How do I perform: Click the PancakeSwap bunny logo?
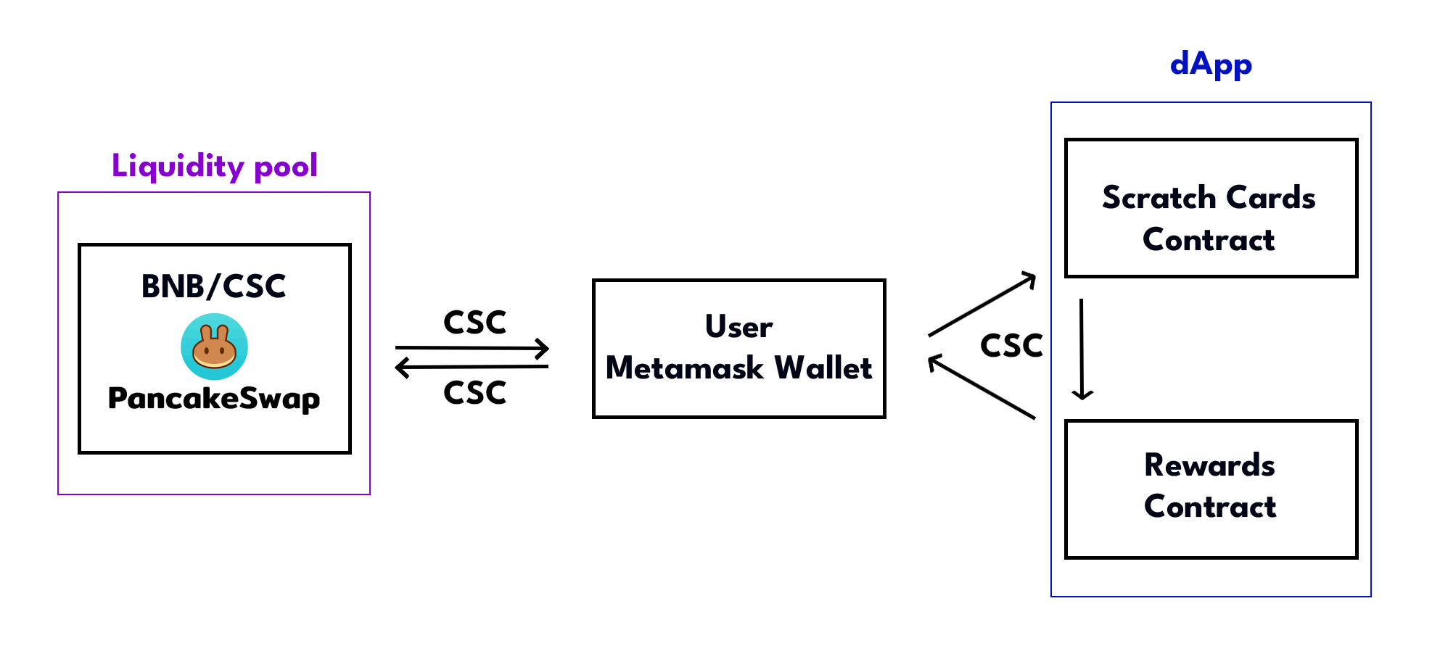[214, 347]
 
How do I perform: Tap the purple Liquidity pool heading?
[214, 166]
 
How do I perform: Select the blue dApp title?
[1211, 65]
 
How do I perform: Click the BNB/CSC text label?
[214, 286]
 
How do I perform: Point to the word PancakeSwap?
[214, 398]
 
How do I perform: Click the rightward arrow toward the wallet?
[472, 349]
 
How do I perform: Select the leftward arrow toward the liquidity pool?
[472, 368]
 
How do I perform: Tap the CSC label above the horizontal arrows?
[474, 323]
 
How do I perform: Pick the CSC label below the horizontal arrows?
[474, 393]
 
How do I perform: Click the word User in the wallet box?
[738, 327]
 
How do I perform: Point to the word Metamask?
[684, 368]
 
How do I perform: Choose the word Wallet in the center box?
[823, 368]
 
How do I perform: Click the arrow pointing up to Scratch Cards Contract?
[982, 304]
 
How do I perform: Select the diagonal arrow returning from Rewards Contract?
[982, 387]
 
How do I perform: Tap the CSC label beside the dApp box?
[1011, 346]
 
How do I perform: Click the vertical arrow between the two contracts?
[1082, 349]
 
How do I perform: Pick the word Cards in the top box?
[1270, 198]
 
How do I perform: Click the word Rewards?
[1209, 465]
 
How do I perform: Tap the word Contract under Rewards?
[1210, 507]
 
